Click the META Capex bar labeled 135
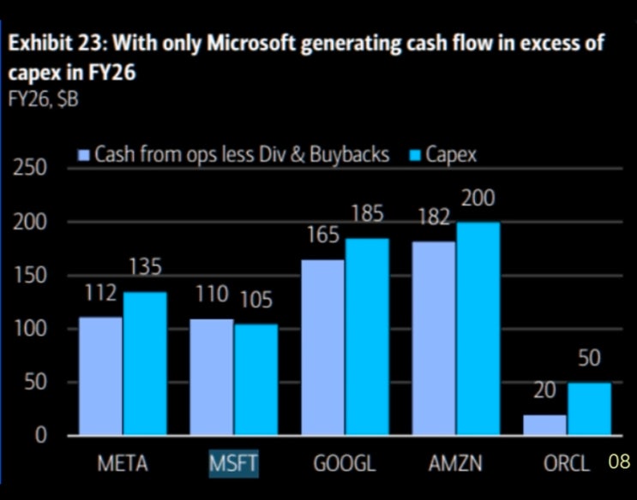145,364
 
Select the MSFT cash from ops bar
212,377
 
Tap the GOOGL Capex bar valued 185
367,336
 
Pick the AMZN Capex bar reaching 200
478,329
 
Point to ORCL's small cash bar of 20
544,425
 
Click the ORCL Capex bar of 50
590,409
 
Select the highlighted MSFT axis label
233,463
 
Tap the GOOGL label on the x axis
345,463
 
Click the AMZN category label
455,463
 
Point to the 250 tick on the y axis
30,168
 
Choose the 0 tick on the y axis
40,436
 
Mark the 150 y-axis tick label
30,276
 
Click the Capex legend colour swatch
415,156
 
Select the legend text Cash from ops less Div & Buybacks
242,155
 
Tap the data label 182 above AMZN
435,217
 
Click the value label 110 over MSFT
212,295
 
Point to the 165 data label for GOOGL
323,235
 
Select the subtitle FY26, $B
43,99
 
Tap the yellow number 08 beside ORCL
619,461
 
